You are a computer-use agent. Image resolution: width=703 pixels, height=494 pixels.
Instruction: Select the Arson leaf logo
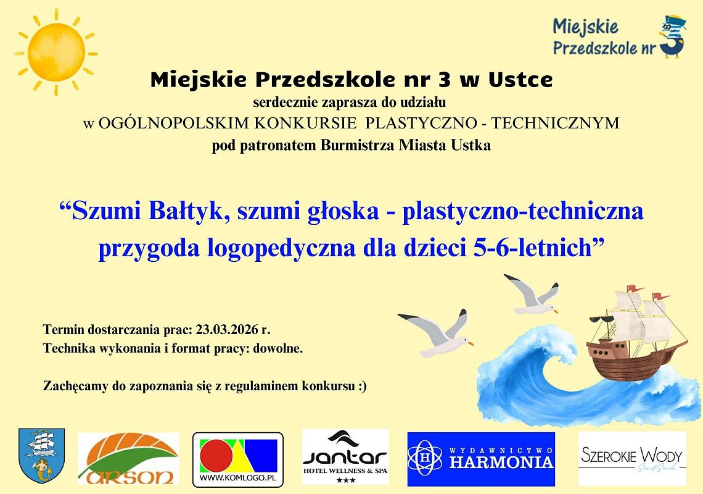(128, 459)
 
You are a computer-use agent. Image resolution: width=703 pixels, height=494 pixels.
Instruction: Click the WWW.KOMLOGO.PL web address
(238, 478)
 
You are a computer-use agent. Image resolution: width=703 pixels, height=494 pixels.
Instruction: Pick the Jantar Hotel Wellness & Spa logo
(345, 457)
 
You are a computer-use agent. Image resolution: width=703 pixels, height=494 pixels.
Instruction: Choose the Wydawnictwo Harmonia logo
(481, 459)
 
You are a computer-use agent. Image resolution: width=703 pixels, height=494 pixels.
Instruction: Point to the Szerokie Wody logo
(632, 458)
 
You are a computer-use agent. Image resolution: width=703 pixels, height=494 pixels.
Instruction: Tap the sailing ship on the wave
(635, 337)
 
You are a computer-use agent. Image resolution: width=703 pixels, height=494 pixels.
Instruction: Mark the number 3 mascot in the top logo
(672, 37)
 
